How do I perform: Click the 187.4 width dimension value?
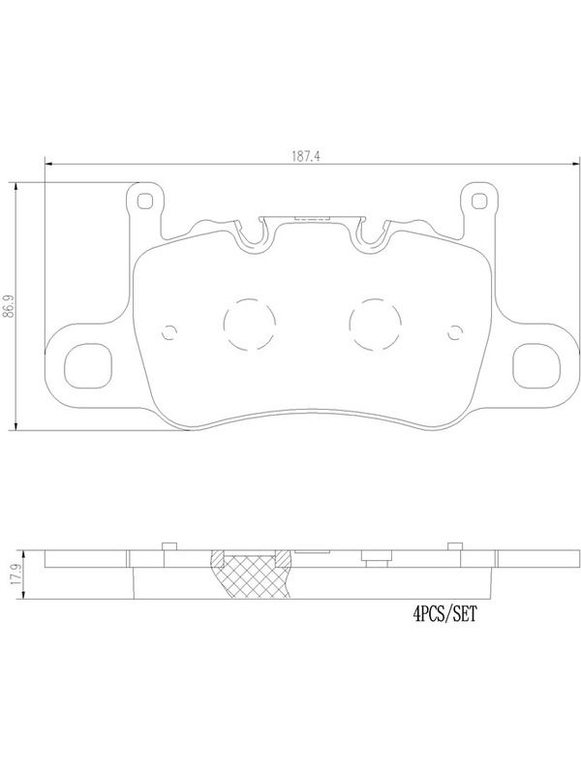click(306, 157)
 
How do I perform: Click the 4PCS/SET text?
click(445, 614)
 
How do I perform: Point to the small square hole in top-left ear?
click(144, 201)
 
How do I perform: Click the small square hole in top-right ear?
click(478, 201)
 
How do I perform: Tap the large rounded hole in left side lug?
click(88, 366)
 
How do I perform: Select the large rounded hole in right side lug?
click(536, 366)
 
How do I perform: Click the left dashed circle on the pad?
click(250, 325)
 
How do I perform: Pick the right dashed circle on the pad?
click(375, 325)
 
